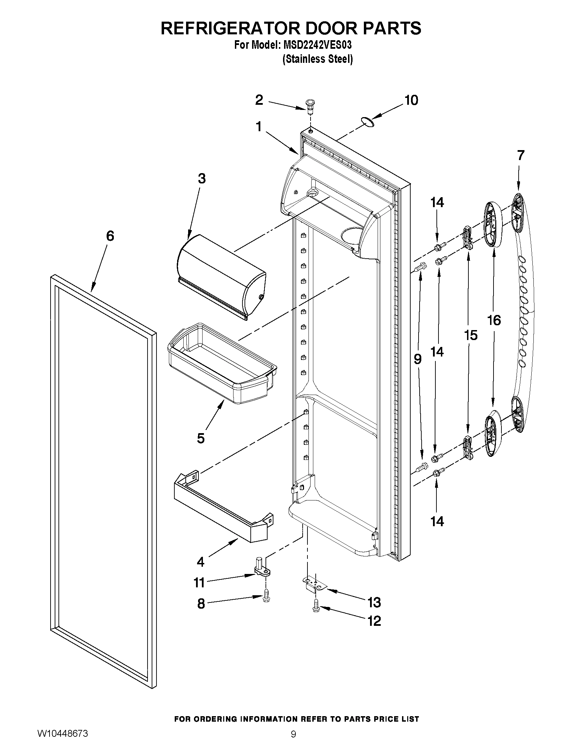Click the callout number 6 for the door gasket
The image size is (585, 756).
tap(109, 236)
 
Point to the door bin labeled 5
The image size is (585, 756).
tap(222, 363)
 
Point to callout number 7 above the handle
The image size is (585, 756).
tap(521, 155)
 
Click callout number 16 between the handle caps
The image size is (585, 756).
tap(494, 320)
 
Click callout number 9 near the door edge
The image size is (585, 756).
tap(418, 359)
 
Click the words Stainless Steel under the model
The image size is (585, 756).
tap(318, 59)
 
